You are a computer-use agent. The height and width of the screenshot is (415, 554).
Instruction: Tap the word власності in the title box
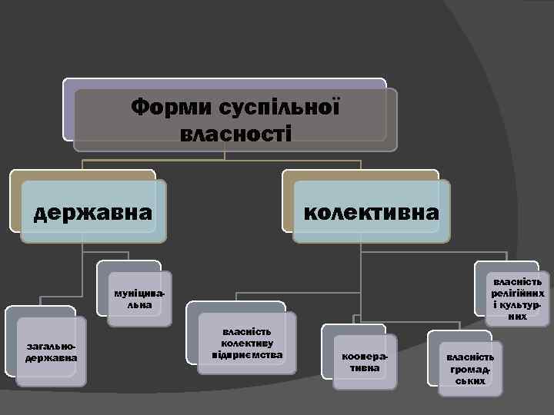tap(235, 133)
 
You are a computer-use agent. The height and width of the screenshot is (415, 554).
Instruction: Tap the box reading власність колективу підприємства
tap(247, 344)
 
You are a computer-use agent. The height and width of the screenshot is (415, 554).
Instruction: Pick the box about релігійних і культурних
tap(518, 298)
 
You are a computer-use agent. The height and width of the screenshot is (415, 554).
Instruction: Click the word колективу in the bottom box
tap(247, 344)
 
